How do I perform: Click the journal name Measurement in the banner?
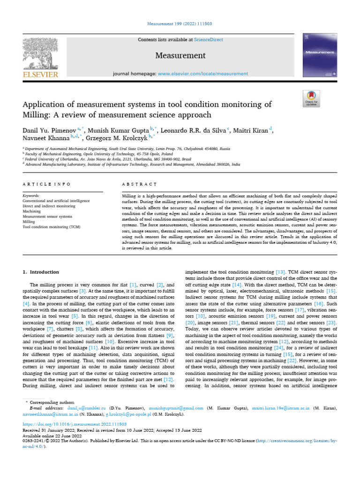pyautogui.click(x=180, y=56)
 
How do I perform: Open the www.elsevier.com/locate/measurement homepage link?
pyautogui.click(x=203, y=74)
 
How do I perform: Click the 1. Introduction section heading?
pyautogui.click(x=41, y=272)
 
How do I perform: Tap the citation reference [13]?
pyautogui.click(x=280, y=272)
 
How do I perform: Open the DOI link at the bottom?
pyautogui.click(x=75, y=423)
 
